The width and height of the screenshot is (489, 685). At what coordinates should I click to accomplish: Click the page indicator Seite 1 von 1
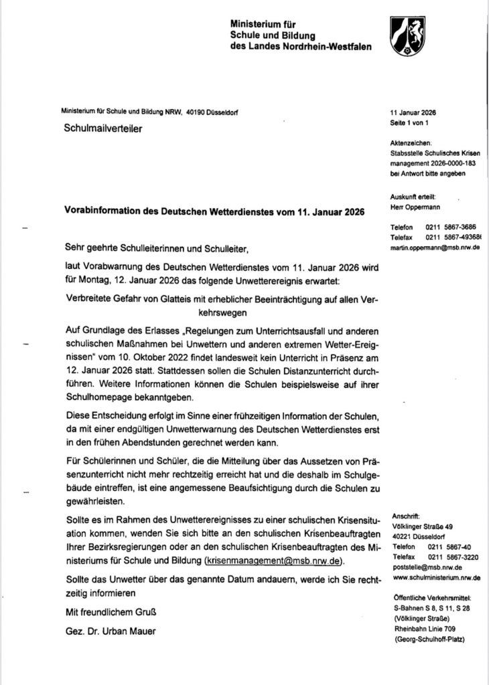pyautogui.click(x=408, y=124)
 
